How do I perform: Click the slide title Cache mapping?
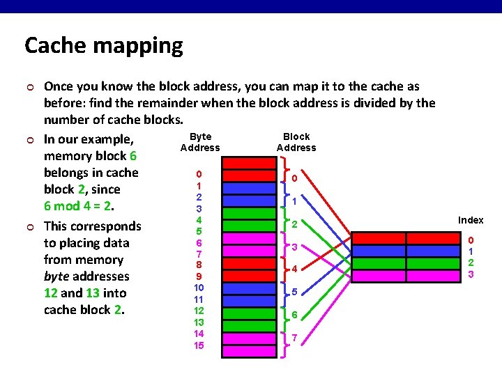pyautogui.click(x=103, y=46)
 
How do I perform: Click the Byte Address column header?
pyautogui.click(x=200, y=142)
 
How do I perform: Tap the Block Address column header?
pyautogui.click(x=296, y=142)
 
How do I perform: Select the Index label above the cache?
pyautogui.click(x=471, y=220)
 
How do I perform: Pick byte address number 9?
pyautogui.click(x=199, y=276)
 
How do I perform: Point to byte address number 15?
pyautogui.click(x=199, y=345)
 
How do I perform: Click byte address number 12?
pyautogui.click(x=199, y=311)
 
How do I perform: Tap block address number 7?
pyautogui.click(x=294, y=338)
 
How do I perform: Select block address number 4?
pyautogui.click(x=294, y=269)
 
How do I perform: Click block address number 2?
pyautogui.click(x=294, y=224)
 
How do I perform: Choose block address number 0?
pyautogui.click(x=294, y=178)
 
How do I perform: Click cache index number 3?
pyautogui.click(x=471, y=274)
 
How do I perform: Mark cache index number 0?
pyautogui.click(x=471, y=240)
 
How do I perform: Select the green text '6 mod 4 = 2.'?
pyautogui.click(x=79, y=206)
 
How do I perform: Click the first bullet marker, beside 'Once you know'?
pyautogui.click(x=28, y=87)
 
